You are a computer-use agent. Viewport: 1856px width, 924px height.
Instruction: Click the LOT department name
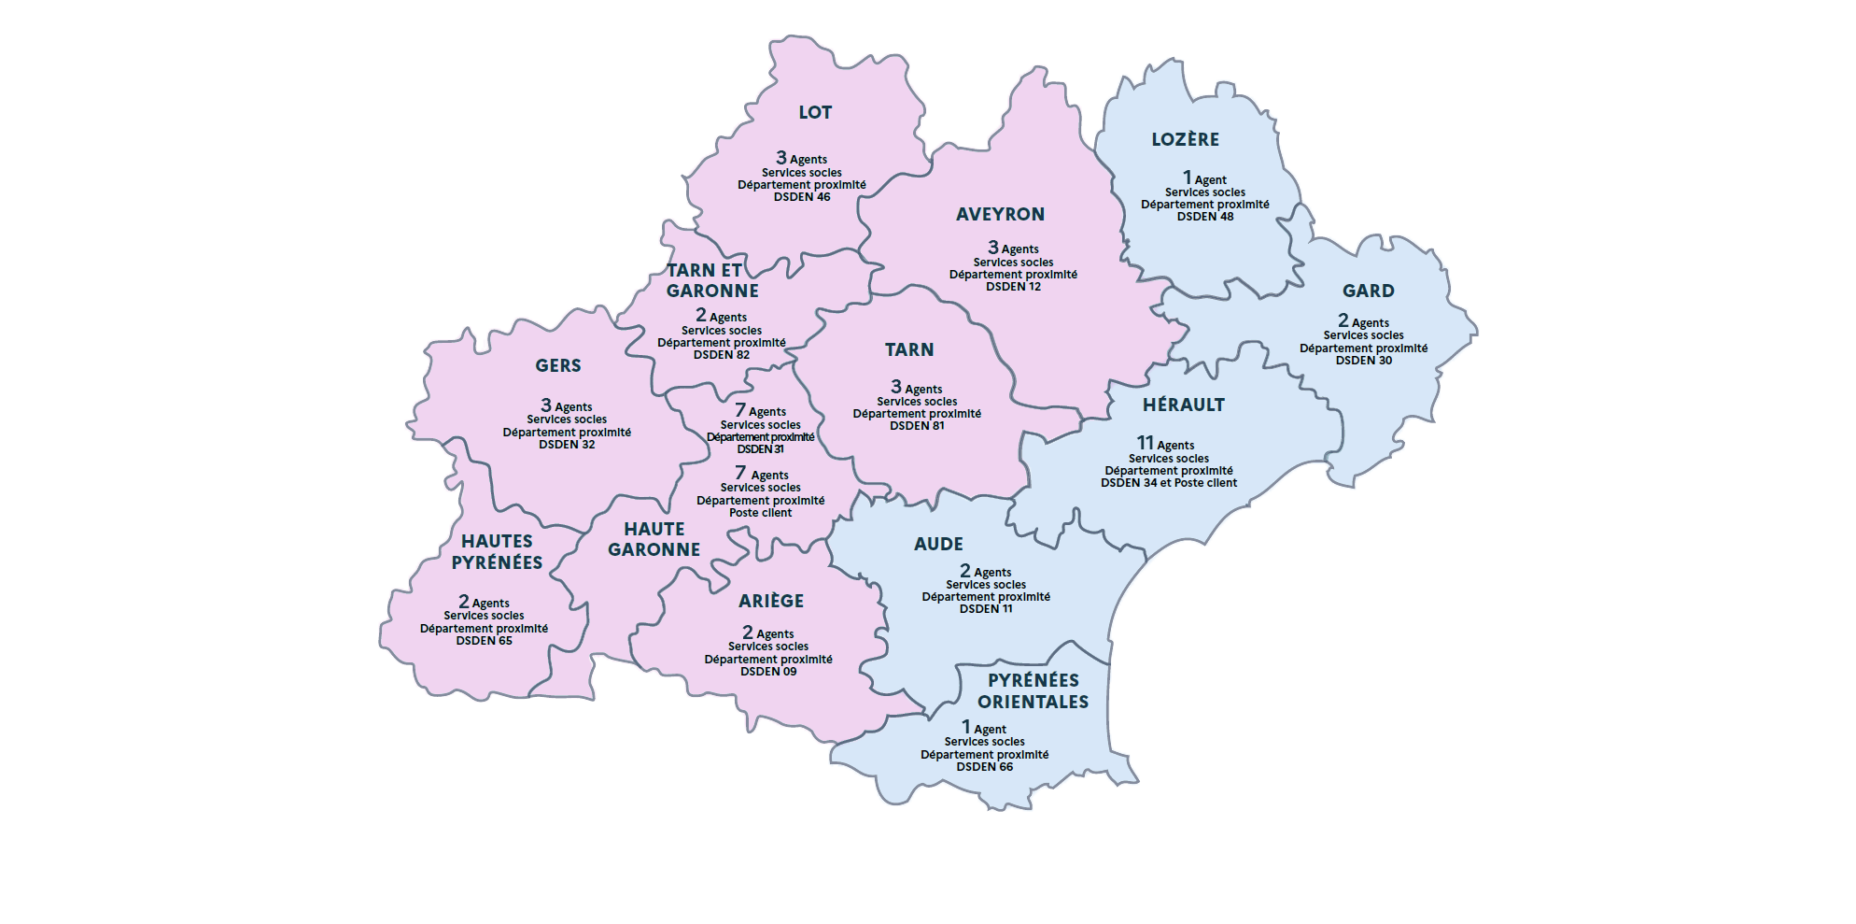click(815, 113)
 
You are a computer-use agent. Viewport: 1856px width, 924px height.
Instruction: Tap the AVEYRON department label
click(1000, 215)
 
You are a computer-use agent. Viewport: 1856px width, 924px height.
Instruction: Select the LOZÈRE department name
click(1185, 140)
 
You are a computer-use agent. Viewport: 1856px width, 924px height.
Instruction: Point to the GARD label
click(1368, 291)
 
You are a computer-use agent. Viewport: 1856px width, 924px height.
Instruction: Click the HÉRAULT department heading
click(1183, 405)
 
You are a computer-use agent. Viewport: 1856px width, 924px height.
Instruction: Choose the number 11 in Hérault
click(1145, 443)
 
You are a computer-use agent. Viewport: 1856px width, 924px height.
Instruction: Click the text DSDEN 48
click(1204, 217)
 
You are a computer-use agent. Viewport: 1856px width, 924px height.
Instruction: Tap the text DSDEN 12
click(1013, 287)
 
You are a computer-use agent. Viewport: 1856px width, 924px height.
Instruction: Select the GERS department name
click(558, 366)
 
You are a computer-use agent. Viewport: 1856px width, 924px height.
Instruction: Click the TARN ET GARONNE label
click(711, 281)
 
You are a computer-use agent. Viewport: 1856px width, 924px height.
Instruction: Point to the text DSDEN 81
click(917, 426)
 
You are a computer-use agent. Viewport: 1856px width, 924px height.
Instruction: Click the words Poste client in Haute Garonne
click(760, 513)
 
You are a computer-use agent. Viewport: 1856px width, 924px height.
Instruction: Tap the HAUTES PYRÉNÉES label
click(497, 552)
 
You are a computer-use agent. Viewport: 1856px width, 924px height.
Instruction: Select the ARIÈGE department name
click(771, 602)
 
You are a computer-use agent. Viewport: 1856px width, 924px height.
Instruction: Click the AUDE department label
click(938, 545)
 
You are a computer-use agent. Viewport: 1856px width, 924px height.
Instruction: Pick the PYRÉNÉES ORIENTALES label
click(1033, 691)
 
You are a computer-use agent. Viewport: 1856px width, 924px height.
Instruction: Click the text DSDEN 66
click(984, 767)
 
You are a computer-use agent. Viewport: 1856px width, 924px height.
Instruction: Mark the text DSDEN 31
click(760, 449)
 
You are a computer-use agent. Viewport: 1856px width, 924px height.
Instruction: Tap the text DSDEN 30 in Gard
click(1363, 361)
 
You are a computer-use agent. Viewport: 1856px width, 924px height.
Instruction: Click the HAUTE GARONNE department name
click(654, 540)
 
